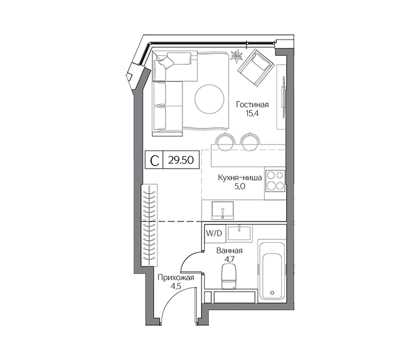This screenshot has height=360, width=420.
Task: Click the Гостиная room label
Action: point(252,104)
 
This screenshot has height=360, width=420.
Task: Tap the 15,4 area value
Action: point(252,113)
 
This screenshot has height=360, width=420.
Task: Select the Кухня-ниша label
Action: point(240,178)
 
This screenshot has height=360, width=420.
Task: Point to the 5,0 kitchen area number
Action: point(240,187)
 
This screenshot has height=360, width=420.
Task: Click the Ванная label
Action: point(230,251)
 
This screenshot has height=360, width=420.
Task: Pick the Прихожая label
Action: point(176,278)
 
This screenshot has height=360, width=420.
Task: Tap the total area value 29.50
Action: point(181,160)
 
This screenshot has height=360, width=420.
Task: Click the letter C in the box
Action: point(155,161)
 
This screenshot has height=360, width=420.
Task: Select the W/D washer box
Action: point(214,233)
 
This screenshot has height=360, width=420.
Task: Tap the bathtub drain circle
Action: point(272,293)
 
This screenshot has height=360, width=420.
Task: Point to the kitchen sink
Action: point(223,211)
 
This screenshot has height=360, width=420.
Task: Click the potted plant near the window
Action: point(236,56)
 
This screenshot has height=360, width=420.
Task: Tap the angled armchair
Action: point(256,68)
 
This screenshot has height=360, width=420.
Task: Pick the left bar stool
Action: point(226,141)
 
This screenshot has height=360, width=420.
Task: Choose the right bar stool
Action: point(250,141)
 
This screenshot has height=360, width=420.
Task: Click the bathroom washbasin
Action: point(239,233)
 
